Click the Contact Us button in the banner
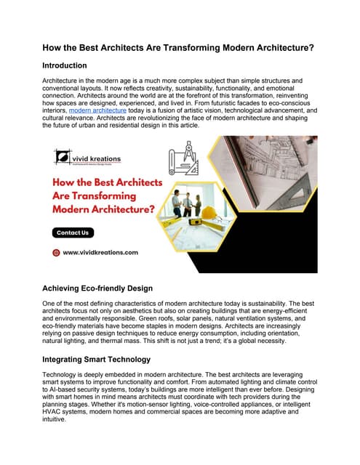click(73, 232)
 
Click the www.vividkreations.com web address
click(100, 252)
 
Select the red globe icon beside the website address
click(56, 252)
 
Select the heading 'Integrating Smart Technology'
click(106, 359)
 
